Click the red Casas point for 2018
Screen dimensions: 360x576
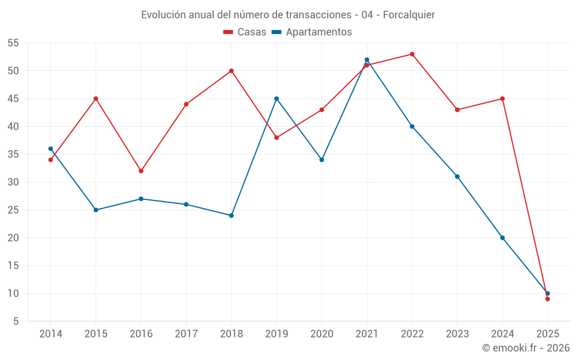(231, 71)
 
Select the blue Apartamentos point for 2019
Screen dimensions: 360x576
(276, 98)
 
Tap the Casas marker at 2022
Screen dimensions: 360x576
(412, 54)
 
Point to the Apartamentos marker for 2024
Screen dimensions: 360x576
(502, 238)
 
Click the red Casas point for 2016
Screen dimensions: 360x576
(141, 171)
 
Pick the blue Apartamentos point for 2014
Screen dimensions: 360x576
(51, 149)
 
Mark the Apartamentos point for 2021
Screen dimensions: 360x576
(367, 60)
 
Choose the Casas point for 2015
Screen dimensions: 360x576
(96, 98)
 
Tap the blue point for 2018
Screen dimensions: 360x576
(231, 215)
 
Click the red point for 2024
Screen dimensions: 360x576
(502, 98)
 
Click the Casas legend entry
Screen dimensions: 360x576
(245, 32)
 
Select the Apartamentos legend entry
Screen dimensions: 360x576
(312, 32)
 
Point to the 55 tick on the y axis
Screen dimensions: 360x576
(13, 43)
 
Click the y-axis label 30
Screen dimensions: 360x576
(13, 182)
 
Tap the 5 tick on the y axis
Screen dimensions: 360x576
(16, 321)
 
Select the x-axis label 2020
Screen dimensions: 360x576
(321, 334)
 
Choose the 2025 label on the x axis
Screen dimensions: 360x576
(547, 334)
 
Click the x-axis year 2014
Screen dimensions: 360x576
(51, 334)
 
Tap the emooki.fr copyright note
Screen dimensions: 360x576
(526, 348)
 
